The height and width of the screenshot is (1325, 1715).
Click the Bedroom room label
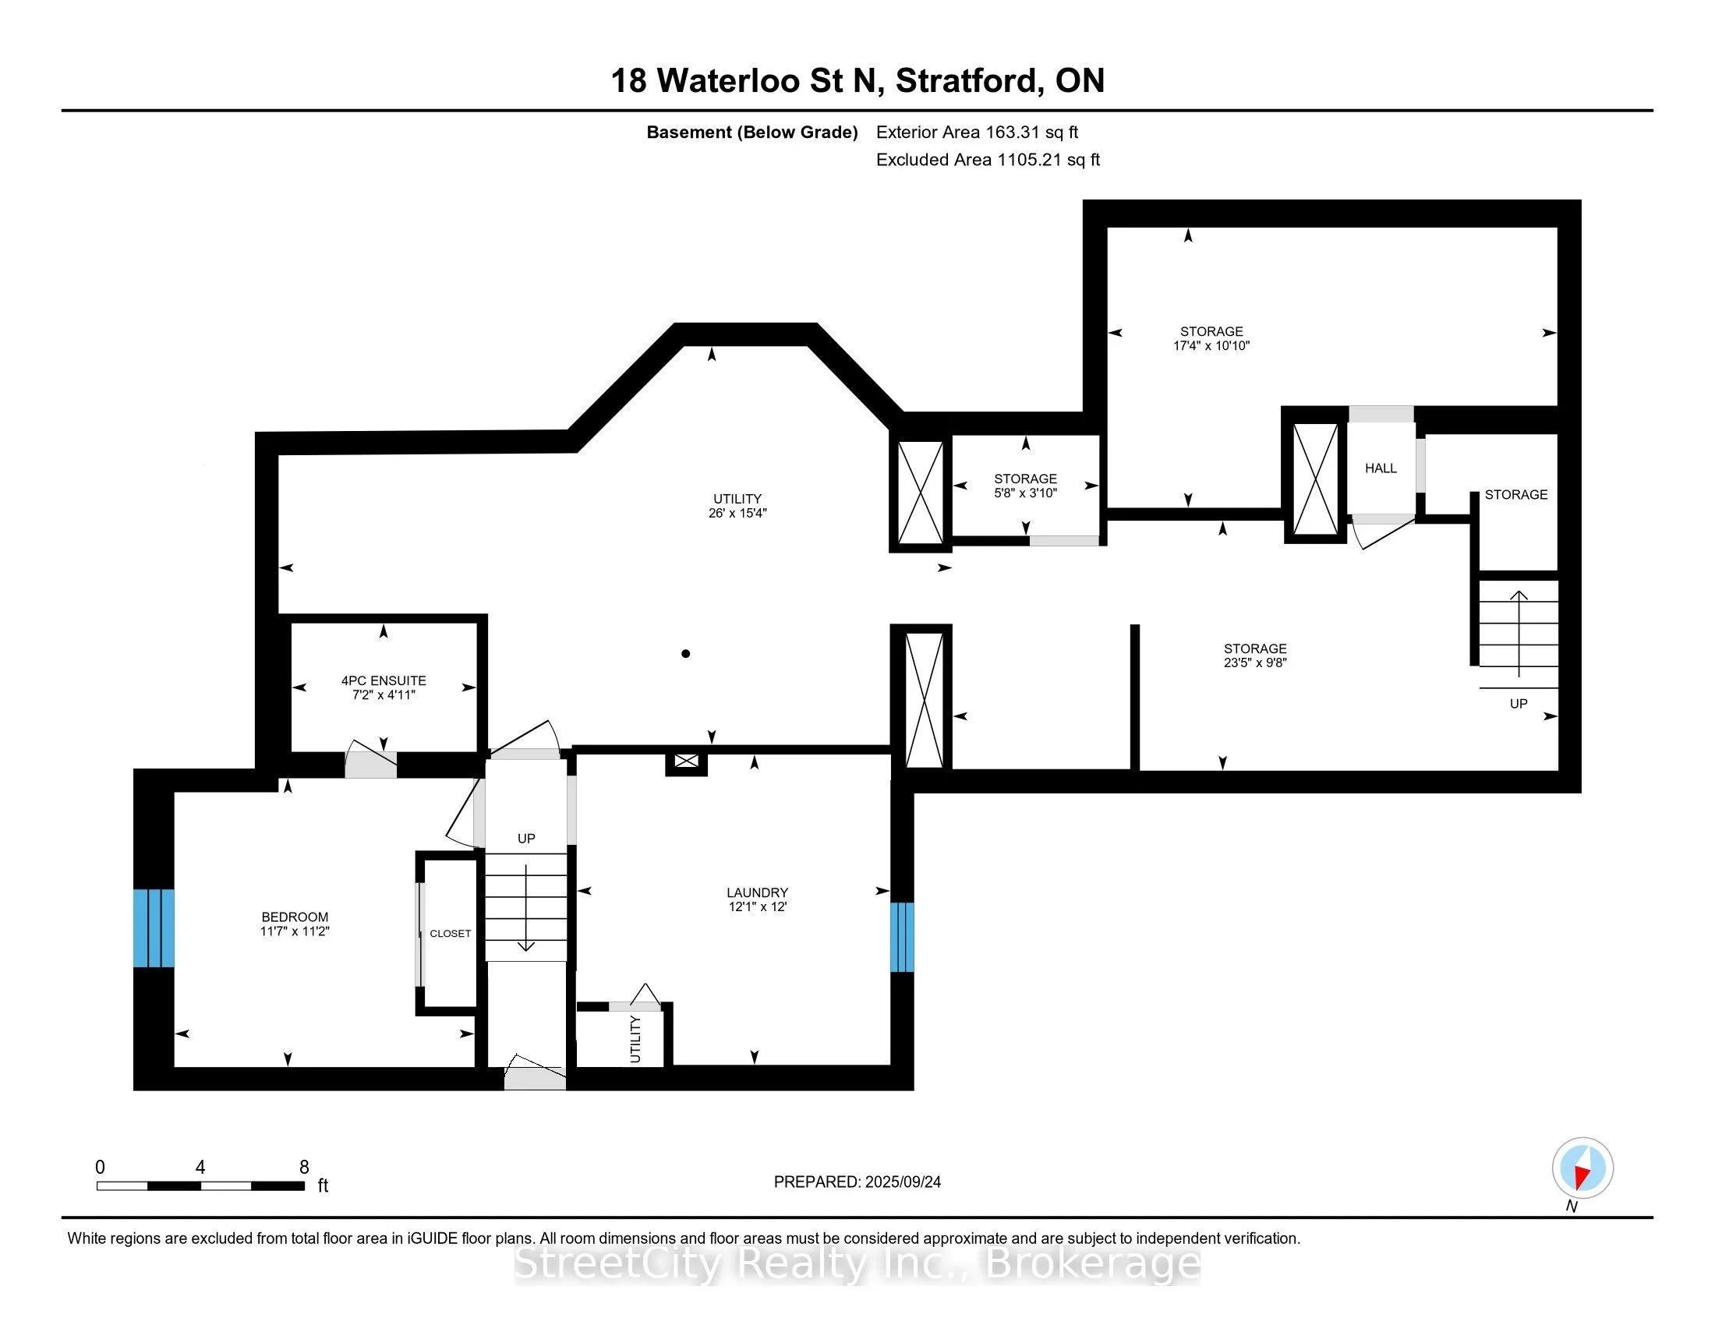(x=295, y=917)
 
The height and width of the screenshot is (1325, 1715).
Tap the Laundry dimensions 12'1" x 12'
(x=757, y=906)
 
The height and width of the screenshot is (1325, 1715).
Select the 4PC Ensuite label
(x=384, y=680)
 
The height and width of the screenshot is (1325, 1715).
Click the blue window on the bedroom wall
(x=153, y=927)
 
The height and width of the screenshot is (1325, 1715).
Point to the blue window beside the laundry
(x=901, y=936)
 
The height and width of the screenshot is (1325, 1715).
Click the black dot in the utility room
(x=685, y=653)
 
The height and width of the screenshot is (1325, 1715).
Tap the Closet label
(x=450, y=933)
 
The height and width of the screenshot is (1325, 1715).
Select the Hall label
(x=1381, y=468)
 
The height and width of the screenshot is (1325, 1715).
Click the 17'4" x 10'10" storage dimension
(x=1211, y=345)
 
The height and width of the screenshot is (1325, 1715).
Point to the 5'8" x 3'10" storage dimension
(x=1025, y=493)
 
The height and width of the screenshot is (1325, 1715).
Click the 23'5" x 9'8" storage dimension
(x=1255, y=662)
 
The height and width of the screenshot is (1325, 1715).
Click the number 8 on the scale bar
(x=304, y=1168)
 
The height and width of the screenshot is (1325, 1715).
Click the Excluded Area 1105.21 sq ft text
(x=987, y=160)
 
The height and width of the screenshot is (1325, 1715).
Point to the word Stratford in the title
(x=969, y=81)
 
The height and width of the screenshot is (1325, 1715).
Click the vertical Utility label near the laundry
(x=635, y=1039)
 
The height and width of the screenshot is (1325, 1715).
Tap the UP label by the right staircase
(x=1518, y=703)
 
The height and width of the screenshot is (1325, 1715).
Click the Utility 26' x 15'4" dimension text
(x=737, y=514)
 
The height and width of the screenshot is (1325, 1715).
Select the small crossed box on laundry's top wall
(x=686, y=761)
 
